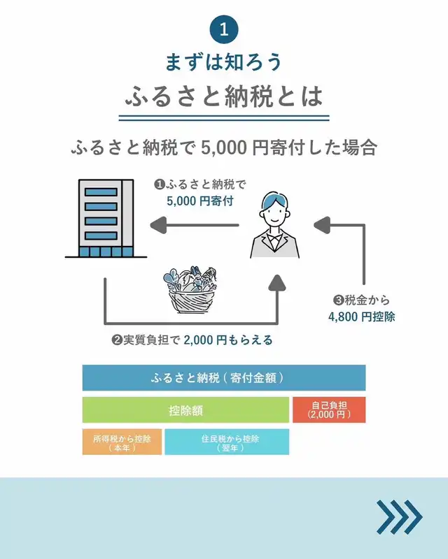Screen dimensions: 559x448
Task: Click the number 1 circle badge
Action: coord(224,29)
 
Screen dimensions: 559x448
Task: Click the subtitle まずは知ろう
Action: coord(224,61)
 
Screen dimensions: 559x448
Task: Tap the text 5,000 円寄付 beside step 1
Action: coord(199,201)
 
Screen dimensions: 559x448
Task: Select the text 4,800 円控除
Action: coord(361,316)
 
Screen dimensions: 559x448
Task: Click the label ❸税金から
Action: coord(361,300)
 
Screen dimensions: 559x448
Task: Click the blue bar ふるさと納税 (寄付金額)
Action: coord(224,378)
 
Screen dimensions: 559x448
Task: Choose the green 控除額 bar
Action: coord(185,409)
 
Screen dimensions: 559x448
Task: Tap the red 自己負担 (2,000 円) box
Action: coord(329,409)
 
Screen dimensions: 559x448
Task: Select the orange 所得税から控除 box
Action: coord(122,442)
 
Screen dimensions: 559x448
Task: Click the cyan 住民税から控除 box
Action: coord(226,442)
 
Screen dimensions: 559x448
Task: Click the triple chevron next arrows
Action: coord(399,517)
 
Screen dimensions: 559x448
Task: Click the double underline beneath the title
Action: coord(224,117)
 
